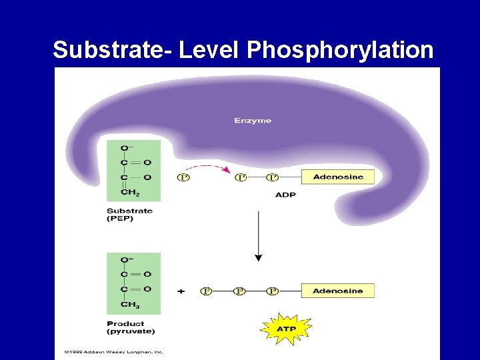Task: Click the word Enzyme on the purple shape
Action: [x=253, y=121]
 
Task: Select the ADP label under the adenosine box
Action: [x=285, y=195]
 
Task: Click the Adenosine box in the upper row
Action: [x=337, y=177]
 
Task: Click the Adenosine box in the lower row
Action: [x=337, y=291]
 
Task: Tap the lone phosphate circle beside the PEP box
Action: [x=183, y=177]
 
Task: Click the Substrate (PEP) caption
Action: [x=129, y=215]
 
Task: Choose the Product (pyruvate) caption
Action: [x=131, y=327]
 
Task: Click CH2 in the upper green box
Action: [x=131, y=193]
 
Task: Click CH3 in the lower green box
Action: [x=131, y=305]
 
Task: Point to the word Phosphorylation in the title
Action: [x=340, y=50]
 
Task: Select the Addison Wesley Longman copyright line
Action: [x=113, y=352]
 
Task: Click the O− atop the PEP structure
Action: [x=126, y=147]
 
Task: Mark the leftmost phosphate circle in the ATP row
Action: [x=207, y=291]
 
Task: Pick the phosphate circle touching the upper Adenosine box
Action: [x=272, y=177]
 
